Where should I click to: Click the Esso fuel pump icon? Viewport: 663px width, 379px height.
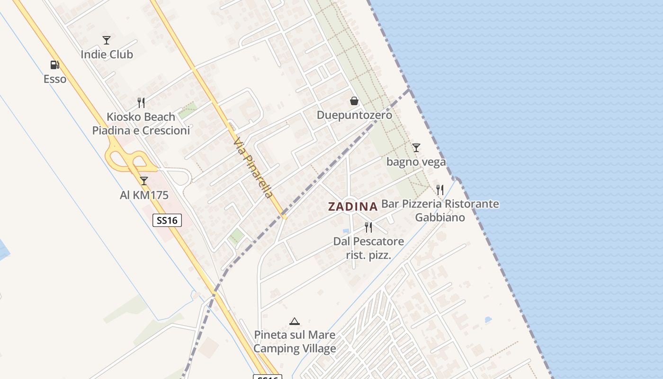pos(55,65)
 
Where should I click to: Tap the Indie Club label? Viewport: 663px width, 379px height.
pos(107,54)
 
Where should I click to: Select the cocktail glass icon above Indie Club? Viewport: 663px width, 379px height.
pos(107,40)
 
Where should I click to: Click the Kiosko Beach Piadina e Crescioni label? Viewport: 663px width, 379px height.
pos(141,124)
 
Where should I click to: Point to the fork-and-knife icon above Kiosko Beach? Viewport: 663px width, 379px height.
pos(141,102)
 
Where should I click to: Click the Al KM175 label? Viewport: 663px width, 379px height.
pos(144,195)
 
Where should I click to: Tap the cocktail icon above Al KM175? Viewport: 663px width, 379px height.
pos(144,180)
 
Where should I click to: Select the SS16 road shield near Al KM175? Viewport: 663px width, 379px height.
pos(167,220)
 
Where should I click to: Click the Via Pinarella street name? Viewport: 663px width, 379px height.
pos(253,168)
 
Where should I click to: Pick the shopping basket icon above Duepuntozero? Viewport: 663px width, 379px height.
pos(354,101)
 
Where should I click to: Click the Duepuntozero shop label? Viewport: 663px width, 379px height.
pos(354,115)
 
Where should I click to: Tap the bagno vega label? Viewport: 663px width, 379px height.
pos(416,162)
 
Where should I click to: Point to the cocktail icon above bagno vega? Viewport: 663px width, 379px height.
pos(416,148)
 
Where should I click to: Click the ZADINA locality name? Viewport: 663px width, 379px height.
pos(353,207)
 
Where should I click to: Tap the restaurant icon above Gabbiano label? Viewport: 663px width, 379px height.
pos(440,190)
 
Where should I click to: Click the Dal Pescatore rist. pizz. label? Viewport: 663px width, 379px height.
pos(368,248)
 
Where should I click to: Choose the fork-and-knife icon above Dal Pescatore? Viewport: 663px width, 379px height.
pos(368,227)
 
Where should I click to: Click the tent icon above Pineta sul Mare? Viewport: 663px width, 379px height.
pos(295,321)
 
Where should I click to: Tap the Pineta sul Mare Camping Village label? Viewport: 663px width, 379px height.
pos(295,342)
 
